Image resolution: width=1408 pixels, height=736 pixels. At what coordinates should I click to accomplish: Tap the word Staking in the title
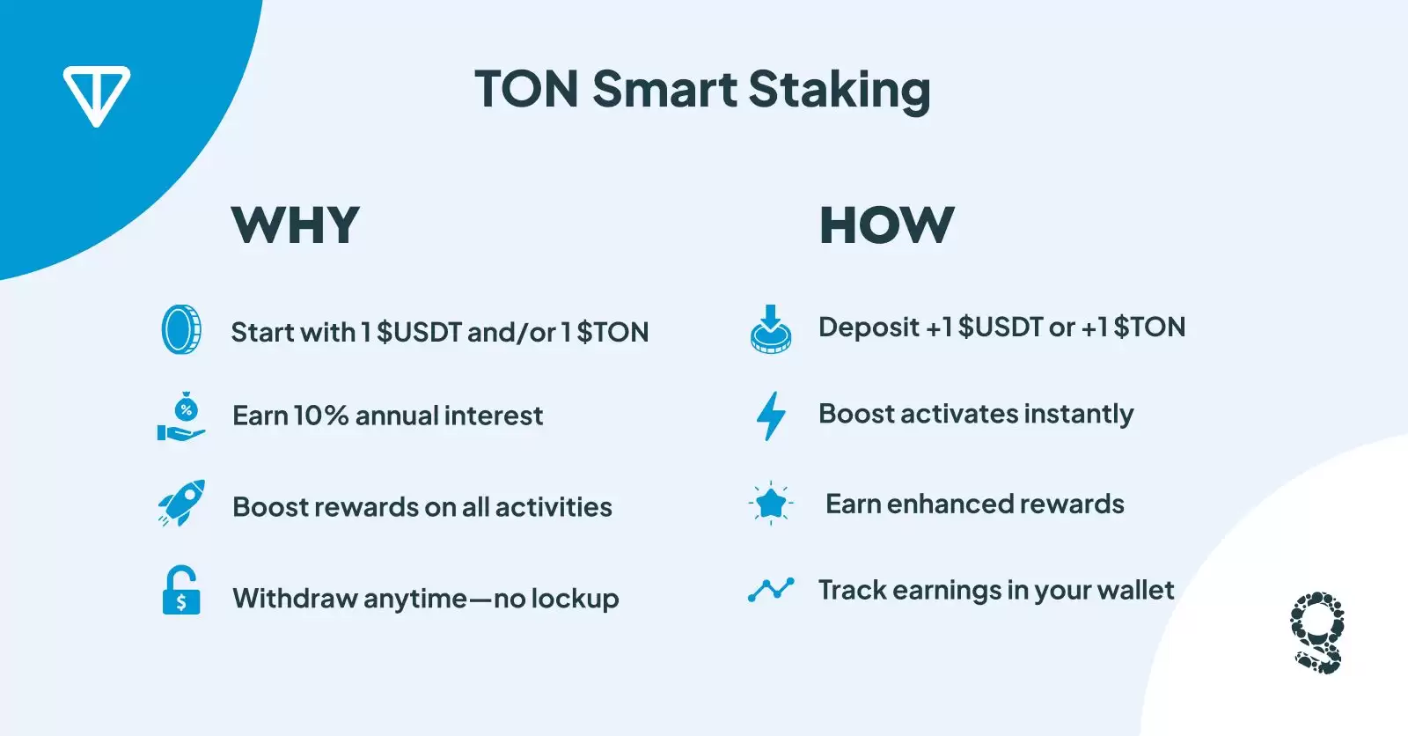[840, 91]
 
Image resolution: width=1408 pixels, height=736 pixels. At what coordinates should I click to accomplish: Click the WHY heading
[296, 224]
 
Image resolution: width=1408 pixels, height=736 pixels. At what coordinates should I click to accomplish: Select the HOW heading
[887, 224]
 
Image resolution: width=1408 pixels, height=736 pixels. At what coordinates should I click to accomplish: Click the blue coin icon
[181, 329]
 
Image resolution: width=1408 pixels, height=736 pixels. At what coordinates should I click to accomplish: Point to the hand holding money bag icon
[181, 416]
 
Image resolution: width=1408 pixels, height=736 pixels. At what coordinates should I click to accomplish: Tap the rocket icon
[181, 504]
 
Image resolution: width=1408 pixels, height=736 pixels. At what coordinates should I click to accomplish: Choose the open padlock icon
[181, 590]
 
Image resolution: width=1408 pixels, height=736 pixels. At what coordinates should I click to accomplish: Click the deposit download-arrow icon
[771, 328]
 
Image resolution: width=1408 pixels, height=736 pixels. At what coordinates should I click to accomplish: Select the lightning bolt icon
[771, 416]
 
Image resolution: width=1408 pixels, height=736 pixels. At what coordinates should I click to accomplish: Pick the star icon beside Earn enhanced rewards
[771, 504]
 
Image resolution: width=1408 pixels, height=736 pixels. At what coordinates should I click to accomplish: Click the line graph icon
[771, 590]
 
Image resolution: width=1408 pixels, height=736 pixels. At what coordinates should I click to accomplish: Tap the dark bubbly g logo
[1317, 632]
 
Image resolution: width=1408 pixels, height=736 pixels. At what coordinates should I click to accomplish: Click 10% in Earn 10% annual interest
[320, 416]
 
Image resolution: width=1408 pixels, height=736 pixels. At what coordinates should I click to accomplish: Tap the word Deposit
[869, 328]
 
